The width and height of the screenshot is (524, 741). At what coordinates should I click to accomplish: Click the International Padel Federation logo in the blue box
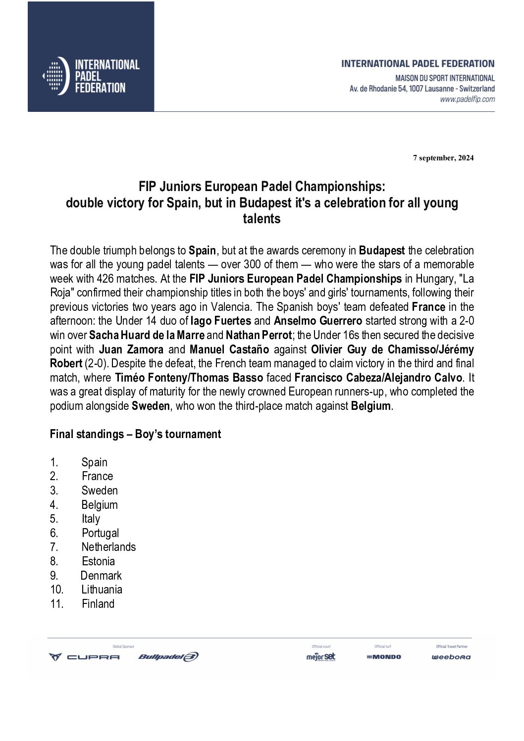(91, 76)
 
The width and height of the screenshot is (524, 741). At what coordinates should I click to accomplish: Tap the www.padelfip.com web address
(467, 99)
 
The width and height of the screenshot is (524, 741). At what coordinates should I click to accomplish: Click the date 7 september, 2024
(443, 158)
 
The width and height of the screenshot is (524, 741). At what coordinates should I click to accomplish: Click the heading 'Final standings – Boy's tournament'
(135, 434)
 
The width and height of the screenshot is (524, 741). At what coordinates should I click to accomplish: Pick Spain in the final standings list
(94, 462)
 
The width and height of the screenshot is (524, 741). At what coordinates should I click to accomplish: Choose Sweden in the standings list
(100, 491)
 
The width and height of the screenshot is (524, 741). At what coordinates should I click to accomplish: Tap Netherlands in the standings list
(108, 547)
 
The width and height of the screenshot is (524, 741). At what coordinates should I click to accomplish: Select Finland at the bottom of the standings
(98, 604)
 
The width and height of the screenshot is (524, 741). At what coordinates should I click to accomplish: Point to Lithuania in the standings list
(102, 590)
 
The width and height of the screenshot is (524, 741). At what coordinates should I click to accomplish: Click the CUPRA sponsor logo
(84, 657)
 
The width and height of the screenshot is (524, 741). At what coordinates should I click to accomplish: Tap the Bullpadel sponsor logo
(168, 657)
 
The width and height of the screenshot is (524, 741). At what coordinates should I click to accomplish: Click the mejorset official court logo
(321, 657)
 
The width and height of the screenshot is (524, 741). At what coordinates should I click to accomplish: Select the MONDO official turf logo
(384, 657)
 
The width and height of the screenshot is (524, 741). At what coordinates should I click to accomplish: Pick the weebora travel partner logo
(451, 657)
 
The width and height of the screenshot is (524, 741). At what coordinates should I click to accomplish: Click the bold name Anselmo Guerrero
(317, 321)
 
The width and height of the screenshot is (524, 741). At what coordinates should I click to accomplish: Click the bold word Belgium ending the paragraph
(371, 406)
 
